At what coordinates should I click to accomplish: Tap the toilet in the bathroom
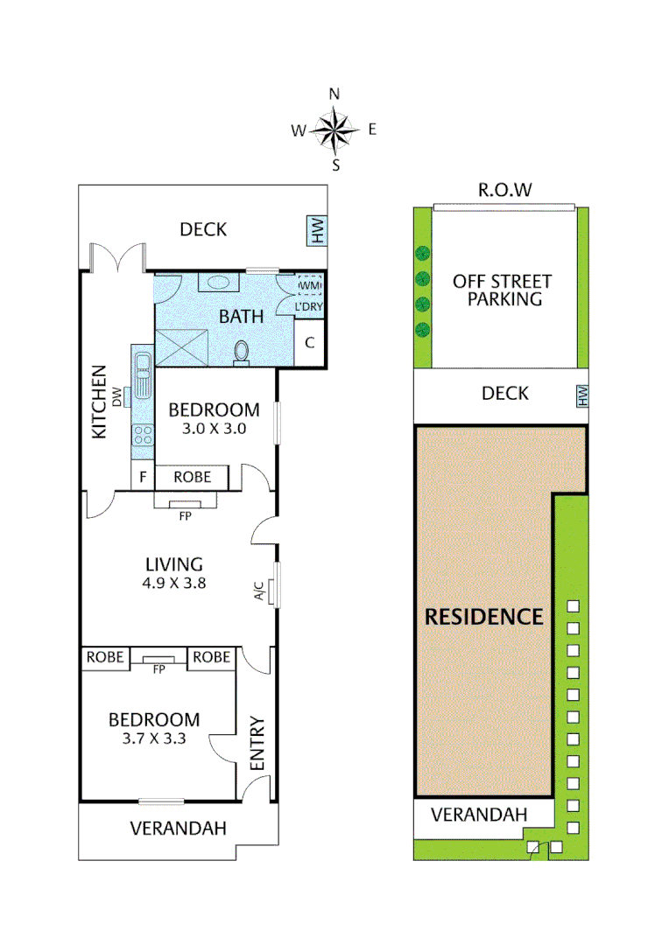click(242, 351)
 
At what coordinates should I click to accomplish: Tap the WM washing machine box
click(310, 285)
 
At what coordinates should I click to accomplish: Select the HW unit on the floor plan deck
click(316, 232)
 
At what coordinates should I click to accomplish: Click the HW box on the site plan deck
click(581, 396)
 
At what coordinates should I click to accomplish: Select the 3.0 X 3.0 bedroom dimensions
click(214, 429)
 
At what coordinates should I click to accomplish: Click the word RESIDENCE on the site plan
click(483, 616)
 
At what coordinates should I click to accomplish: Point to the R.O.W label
click(504, 190)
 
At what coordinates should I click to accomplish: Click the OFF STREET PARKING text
click(502, 290)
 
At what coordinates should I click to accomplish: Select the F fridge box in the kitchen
click(142, 478)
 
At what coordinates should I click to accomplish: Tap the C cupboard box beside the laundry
click(310, 343)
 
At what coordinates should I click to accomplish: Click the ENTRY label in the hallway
click(257, 744)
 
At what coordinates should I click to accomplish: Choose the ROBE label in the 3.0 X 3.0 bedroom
click(192, 478)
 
